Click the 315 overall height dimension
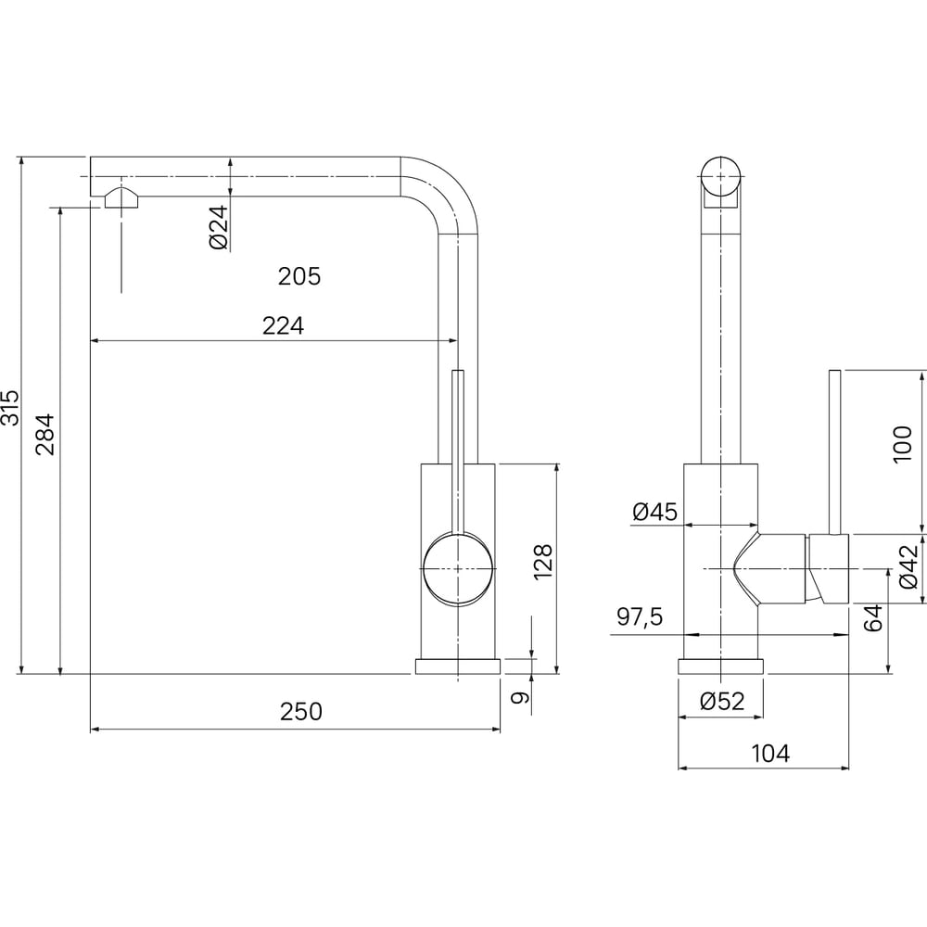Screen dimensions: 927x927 (10, 407)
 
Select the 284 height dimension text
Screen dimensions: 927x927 (45, 435)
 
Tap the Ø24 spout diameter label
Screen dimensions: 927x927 (219, 227)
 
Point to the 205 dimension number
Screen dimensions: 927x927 (299, 276)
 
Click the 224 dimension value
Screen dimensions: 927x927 (283, 325)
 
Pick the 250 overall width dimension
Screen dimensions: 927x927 (301, 712)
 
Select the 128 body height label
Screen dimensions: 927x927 (542, 561)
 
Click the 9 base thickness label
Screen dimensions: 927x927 (519, 698)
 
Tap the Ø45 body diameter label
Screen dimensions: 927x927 (654, 512)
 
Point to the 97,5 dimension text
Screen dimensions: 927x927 (640, 617)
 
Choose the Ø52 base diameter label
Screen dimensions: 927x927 (722, 701)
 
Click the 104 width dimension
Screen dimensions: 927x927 (770, 754)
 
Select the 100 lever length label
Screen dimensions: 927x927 (903, 444)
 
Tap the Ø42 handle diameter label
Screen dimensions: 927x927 (908, 567)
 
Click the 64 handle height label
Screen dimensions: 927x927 (873, 617)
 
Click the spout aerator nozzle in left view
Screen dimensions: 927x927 (121, 197)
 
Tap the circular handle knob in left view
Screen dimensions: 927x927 (458, 569)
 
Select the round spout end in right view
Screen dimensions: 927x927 (720, 176)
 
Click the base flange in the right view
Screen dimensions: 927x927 (720, 667)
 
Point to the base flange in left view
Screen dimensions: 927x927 (458, 667)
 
